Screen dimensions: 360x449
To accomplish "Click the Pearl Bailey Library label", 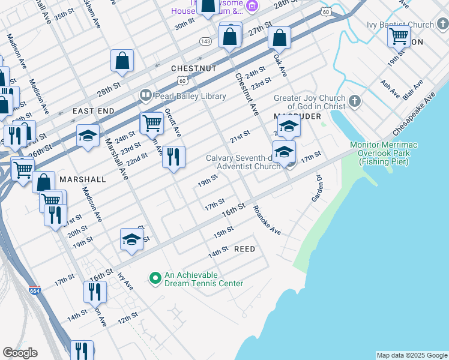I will (x=190, y=96).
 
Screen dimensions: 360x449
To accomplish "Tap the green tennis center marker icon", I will (x=155, y=277).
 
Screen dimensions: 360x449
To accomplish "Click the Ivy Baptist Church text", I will (x=400, y=25).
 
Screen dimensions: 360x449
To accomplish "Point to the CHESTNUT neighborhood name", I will (x=193, y=69).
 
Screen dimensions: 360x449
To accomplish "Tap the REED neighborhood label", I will (x=244, y=249).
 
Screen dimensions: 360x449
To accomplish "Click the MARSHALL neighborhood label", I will (x=82, y=179).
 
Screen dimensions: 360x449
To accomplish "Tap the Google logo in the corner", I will (x=20, y=353).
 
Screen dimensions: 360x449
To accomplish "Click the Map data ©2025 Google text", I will (x=411, y=355).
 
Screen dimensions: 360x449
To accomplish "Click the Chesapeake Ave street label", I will (x=415, y=114).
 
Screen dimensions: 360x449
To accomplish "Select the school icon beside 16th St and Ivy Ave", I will (x=132, y=240).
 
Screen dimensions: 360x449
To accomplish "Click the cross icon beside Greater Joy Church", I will (x=355, y=101).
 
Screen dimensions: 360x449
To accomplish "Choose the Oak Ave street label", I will (x=280, y=66).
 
